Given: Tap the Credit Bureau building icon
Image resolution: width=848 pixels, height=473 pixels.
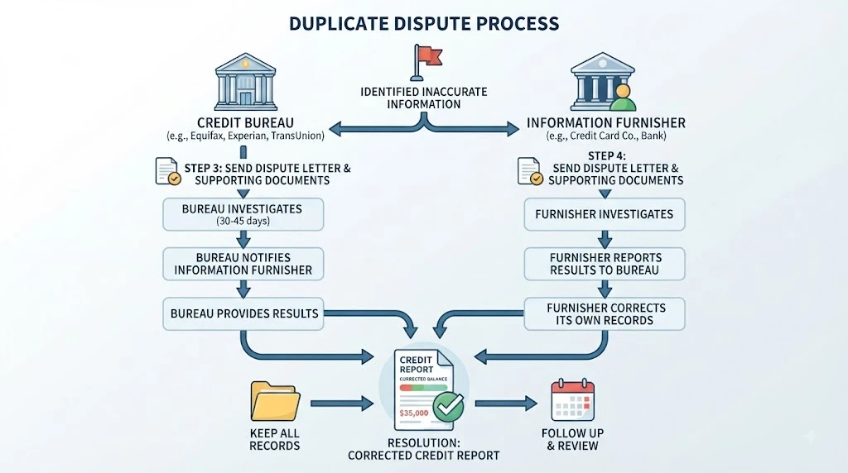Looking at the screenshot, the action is pyautogui.click(x=245, y=82).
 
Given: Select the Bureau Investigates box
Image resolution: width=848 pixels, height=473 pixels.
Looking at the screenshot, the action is pyautogui.click(x=243, y=214).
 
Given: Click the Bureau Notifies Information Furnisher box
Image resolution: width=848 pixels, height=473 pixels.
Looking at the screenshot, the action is pyautogui.click(x=243, y=264).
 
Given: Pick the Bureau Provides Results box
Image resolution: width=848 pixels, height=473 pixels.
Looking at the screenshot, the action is pyautogui.click(x=243, y=313).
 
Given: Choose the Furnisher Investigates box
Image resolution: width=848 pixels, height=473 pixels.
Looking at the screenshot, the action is pyautogui.click(x=605, y=214).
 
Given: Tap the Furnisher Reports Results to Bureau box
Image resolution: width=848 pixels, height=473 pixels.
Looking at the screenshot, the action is pyautogui.click(x=605, y=264).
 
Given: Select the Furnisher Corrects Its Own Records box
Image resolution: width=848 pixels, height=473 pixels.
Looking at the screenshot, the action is pyautogui.click(x=605, y=313).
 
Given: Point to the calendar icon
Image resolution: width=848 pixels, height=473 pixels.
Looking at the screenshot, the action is pyautogui.click(x=573, y=400).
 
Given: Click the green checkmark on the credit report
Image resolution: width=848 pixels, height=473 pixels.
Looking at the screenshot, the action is pyautogui.click(x=449, y=407).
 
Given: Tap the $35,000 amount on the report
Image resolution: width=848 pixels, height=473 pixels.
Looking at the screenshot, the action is pyautogui.click(x=414, y=413).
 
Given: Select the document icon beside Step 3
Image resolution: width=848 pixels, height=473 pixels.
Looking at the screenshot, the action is pyautogui.click(x=168, y=171).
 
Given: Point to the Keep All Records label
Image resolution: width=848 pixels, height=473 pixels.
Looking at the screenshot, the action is pyautogui.click(x=275, y=440).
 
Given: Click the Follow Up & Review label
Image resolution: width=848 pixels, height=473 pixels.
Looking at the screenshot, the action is pyautogui.click(x=573, y=440).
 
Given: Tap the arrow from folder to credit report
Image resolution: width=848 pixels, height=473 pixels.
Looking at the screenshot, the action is pyautogui.click(x=342, y=403).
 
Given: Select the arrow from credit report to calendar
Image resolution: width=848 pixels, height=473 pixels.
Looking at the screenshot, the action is pyautogui.click(x=506, y=403).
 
